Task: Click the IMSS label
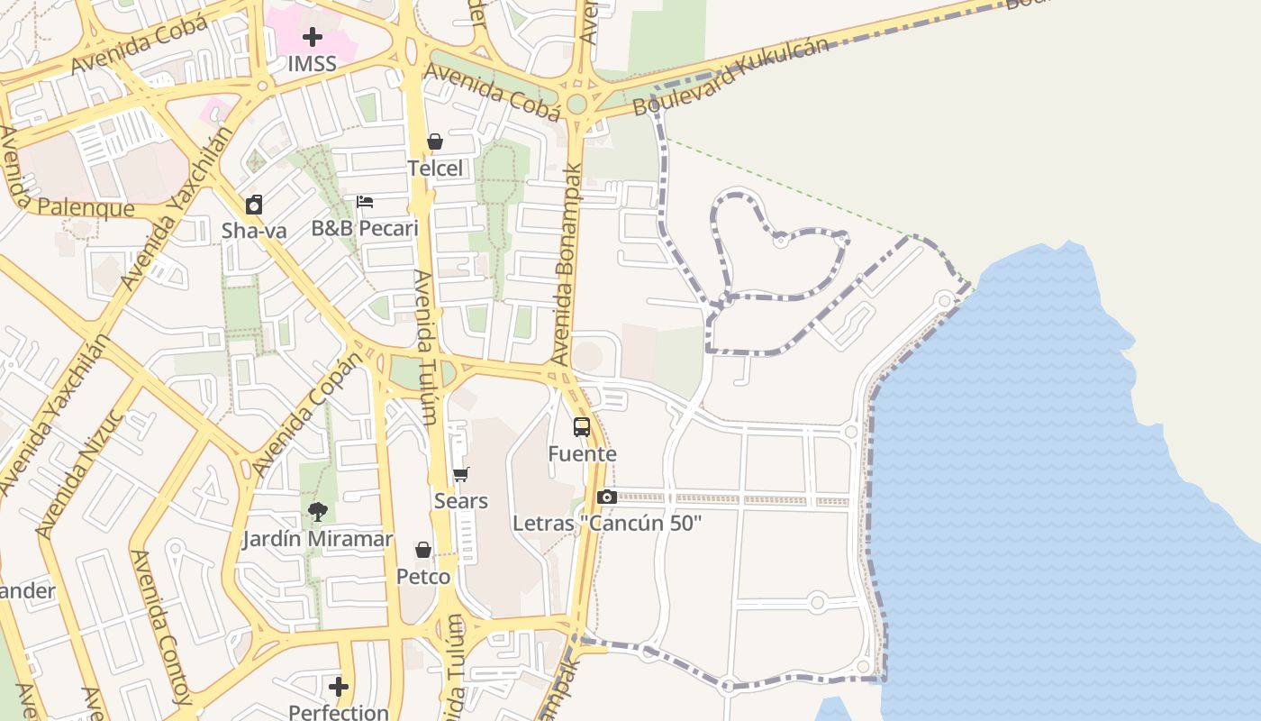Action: pos(312,64)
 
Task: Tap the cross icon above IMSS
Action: pos(312,37)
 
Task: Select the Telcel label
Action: pos(435,169)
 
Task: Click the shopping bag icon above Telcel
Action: pos(435,141)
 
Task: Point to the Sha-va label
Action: pos(254,231)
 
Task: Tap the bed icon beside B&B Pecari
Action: pos(365,202)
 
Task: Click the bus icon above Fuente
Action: pos(582,427)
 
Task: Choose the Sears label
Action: pos(460,501)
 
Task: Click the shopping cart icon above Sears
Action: pos(461,474)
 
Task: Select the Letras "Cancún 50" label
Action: pos(606,524)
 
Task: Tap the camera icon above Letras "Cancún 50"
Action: pos(606,497)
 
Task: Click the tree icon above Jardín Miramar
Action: pos(317,513)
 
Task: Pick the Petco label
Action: pos(423,577)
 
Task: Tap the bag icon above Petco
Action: pos(423,550)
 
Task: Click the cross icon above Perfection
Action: pos(339,687)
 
